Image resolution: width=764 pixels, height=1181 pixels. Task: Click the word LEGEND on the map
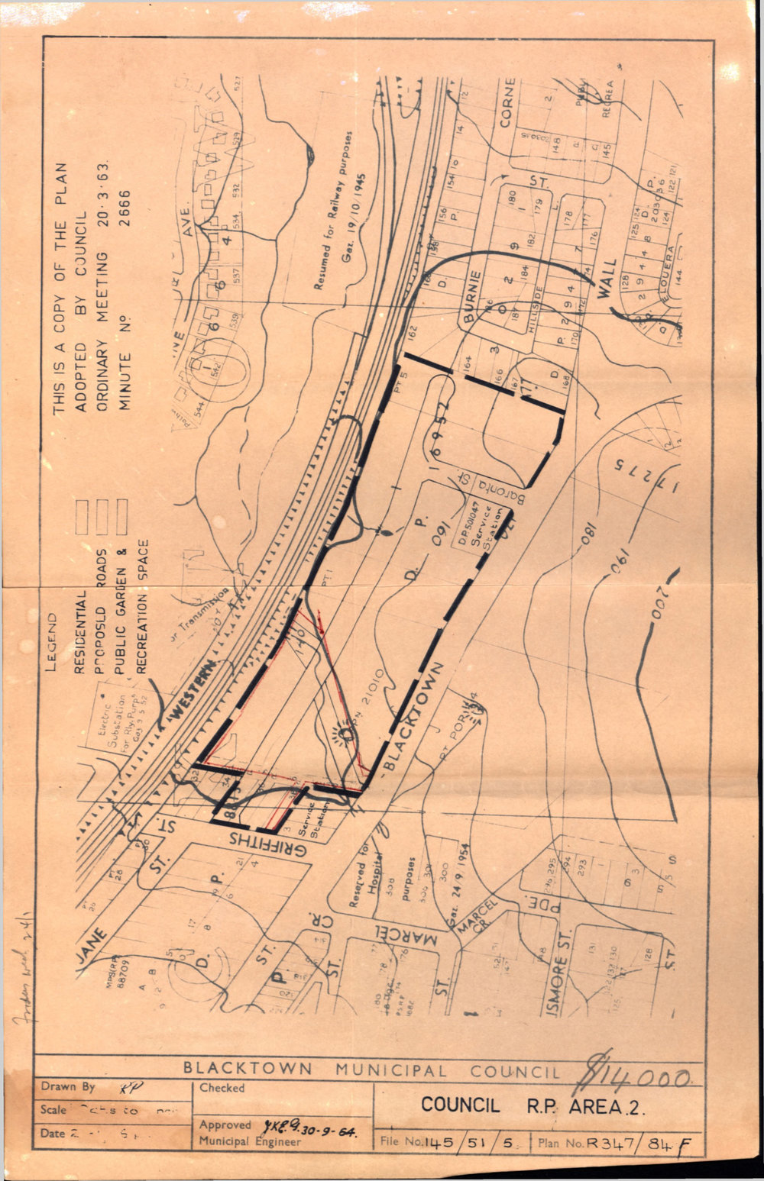point(53,641)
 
